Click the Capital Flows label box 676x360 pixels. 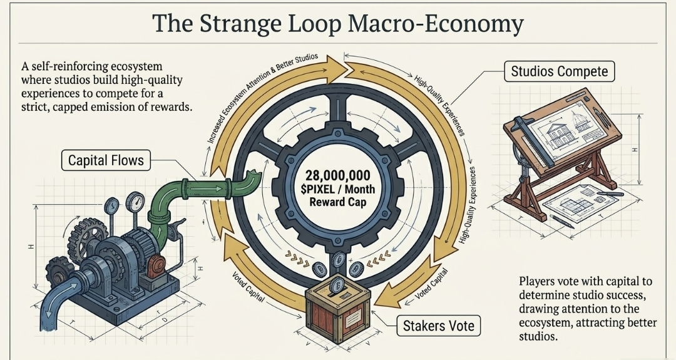tap(106, 160)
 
